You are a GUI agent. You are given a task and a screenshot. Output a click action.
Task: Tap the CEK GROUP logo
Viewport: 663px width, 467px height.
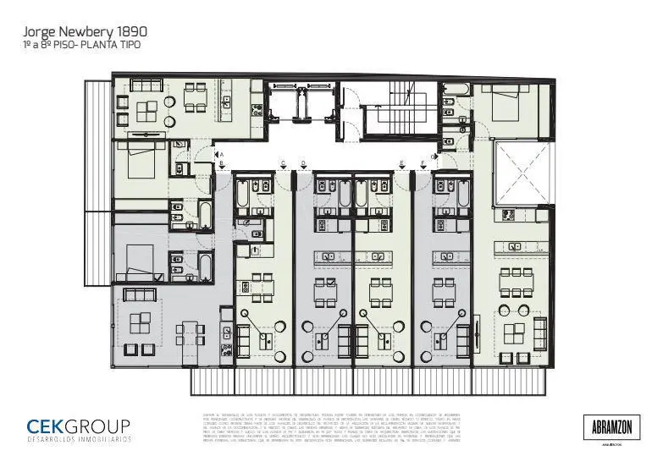(x=78, y=429)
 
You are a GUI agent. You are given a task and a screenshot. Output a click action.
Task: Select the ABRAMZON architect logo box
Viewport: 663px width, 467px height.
(x=612, y=426)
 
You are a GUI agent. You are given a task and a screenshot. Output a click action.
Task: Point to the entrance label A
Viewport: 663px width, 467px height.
(x=220, y=154)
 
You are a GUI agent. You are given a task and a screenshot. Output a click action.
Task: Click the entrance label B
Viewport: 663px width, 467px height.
(x=220, y=163)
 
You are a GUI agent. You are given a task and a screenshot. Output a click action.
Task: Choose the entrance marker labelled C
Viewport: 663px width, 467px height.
(x=283, y=163)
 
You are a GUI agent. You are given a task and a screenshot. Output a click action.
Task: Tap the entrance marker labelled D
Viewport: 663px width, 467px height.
(x=303, y=163)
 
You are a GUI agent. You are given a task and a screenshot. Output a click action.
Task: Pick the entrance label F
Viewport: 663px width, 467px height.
(x=422, y=163)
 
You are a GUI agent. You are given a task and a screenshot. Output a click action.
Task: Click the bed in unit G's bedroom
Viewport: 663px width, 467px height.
(x=506, y=106)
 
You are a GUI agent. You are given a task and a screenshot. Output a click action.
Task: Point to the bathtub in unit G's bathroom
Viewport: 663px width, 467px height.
(x=454, y=89)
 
